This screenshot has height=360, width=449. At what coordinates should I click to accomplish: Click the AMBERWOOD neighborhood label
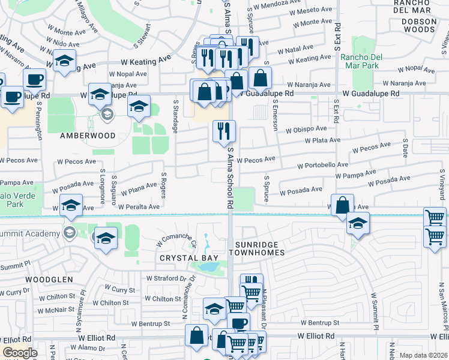point(87,136)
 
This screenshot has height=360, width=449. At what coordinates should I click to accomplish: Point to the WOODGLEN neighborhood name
point(49,280)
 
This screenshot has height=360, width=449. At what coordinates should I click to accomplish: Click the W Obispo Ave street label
point(306,129)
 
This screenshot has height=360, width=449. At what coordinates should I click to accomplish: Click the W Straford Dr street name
point(167,278)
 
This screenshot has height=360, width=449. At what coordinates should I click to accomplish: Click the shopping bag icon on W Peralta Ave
point(342,205)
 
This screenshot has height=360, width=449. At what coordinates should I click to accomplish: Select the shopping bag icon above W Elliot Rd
point(196,335)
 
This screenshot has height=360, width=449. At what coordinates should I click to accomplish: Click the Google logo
point(20,353)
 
